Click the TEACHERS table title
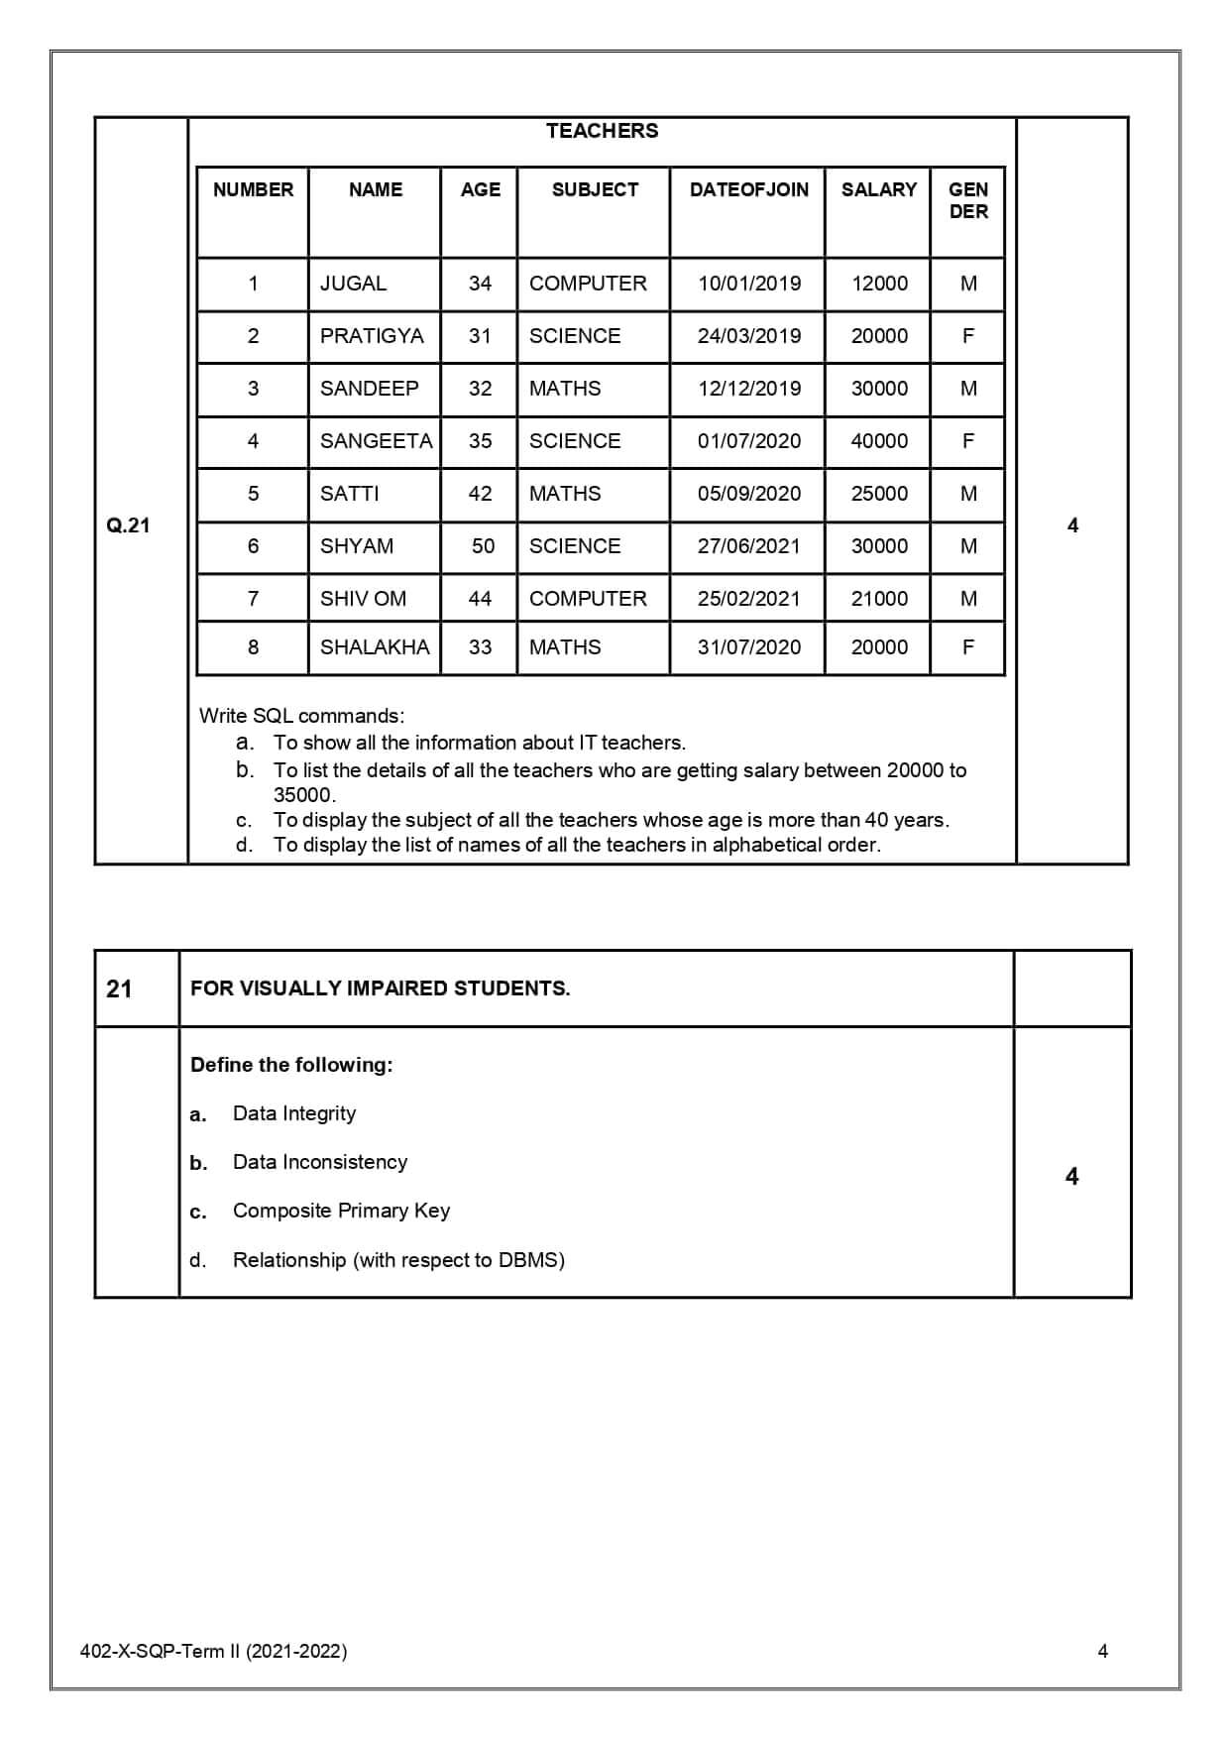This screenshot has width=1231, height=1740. point(602,131)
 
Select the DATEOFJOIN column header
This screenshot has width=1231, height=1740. point(748,189)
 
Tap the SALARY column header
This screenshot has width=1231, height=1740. point(878,189)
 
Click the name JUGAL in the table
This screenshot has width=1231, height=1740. point(353,284)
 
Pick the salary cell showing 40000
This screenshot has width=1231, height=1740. point(879,441)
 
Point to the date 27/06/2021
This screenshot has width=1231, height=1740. point(748,546)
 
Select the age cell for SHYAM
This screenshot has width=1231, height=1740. point(483,546)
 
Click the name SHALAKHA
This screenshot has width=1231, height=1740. point(375,647)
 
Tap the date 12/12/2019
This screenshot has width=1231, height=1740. point(748,389)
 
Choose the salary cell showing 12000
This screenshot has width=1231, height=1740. point(879,284)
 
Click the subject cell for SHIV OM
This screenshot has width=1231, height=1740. point(588,599)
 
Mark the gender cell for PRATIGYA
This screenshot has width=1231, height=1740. point(968,336)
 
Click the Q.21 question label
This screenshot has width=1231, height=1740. point(128,525)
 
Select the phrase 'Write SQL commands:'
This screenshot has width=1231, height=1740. point(301,716)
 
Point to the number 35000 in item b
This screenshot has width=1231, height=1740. point(303,795)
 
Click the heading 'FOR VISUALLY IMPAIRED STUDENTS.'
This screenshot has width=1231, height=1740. point(380,988)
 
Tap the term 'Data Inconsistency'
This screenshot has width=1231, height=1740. point(320,1162)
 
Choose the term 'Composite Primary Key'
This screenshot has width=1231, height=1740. point(341,1211)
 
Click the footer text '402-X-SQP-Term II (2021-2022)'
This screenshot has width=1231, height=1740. point(213,1651)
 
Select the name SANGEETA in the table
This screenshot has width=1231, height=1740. point(376,441)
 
